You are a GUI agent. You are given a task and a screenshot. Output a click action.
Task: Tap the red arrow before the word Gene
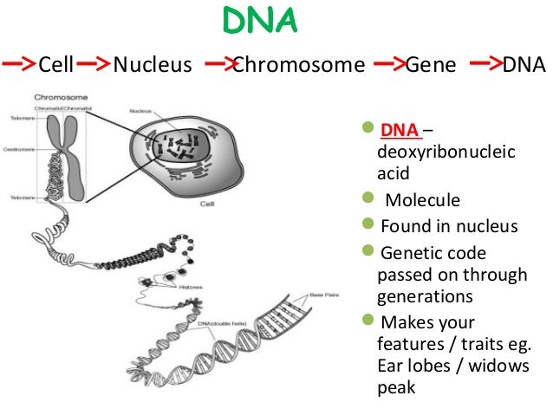[x=390, y=64]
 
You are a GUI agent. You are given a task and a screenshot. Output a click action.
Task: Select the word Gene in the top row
[x=431, y=65]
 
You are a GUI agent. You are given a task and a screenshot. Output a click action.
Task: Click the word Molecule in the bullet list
[x=422, y=201]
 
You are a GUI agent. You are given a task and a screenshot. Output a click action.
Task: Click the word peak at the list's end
[x=396, y=386]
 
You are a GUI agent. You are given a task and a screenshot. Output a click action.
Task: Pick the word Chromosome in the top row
[x=298, y=65]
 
